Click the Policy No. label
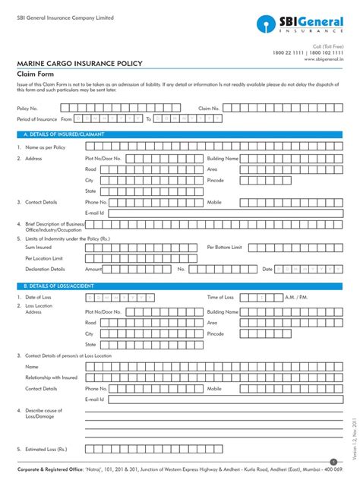[27, 109]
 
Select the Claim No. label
[209, 109]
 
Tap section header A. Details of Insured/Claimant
[64, 134]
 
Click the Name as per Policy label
[46, 147]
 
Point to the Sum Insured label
[39, 247]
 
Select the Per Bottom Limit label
[224, 247]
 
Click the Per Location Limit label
[44, 257]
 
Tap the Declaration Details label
[45, 269]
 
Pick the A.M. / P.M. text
[296, 297]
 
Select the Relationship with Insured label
[51, 377]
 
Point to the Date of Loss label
[38, 297]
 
